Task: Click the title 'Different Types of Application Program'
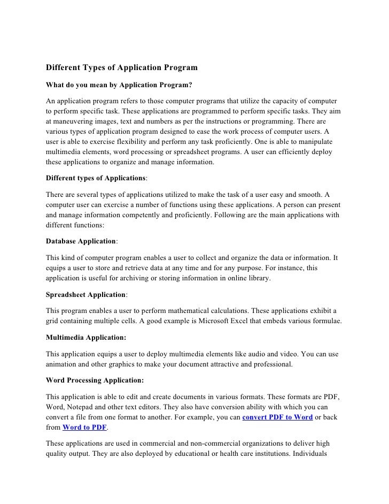[122, 68]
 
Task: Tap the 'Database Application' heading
[81, 241]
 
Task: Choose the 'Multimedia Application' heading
[87, 338]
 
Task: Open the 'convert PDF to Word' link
[277, 417]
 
